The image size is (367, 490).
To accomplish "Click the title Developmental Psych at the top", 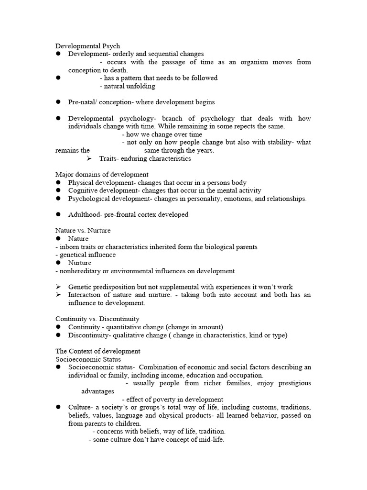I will click(x=87, y=46).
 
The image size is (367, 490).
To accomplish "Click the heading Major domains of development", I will click(x=102, y=175).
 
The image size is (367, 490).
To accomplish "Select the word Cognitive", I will click(x=83, y=190).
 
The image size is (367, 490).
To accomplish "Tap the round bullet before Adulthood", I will click(x=58, y=214).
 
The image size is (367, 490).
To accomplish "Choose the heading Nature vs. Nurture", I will click(x=83, y=231).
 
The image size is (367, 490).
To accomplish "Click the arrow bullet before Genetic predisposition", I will click(x=58, y=287).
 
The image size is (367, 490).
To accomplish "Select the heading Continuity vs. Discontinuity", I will click(x=97, y=319).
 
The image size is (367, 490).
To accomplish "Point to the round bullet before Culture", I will click(x=58, y=407).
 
